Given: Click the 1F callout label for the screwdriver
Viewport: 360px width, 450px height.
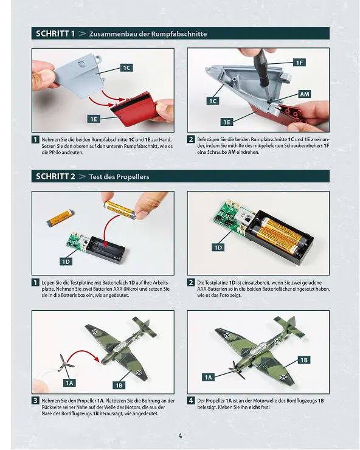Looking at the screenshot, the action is pos(299,63).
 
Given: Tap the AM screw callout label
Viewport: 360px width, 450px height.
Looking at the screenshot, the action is pos(304,94).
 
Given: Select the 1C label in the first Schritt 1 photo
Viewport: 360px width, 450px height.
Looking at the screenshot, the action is pos(126,67).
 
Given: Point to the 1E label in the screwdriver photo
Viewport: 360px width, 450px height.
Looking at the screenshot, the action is pos(227,122).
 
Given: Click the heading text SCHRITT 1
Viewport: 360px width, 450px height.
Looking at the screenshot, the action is pos(55,33).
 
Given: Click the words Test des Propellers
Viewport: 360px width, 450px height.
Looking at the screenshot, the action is pos(119,177).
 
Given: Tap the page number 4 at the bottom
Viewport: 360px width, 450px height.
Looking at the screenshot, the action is pos(180,435).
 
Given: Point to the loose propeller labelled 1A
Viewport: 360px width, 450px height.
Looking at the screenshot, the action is pos(66,364).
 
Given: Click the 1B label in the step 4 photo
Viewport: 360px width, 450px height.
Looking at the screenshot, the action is pos(304,360).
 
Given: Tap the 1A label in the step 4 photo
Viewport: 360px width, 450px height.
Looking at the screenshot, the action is pos(208,378).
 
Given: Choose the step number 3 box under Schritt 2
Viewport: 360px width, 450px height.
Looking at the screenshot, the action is pos(35,401).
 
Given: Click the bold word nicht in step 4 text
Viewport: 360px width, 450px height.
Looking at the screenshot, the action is pos(254,407).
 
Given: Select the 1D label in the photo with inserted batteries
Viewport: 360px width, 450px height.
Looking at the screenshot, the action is pos(218,247).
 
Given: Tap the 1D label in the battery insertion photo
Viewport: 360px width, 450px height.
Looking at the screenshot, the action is pos(66,261).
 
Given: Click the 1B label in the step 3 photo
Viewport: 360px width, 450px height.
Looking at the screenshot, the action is pos(119,385).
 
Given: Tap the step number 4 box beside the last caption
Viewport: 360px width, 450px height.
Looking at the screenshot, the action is pos(191,401).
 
